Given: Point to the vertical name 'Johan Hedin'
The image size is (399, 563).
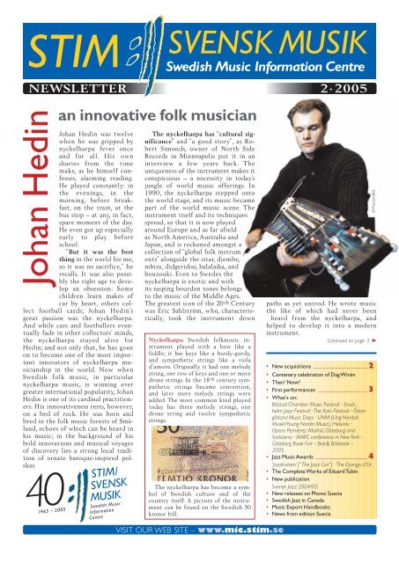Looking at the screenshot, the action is pos(22,186).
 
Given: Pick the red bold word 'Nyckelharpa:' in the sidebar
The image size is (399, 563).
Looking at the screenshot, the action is pos(171,338).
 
